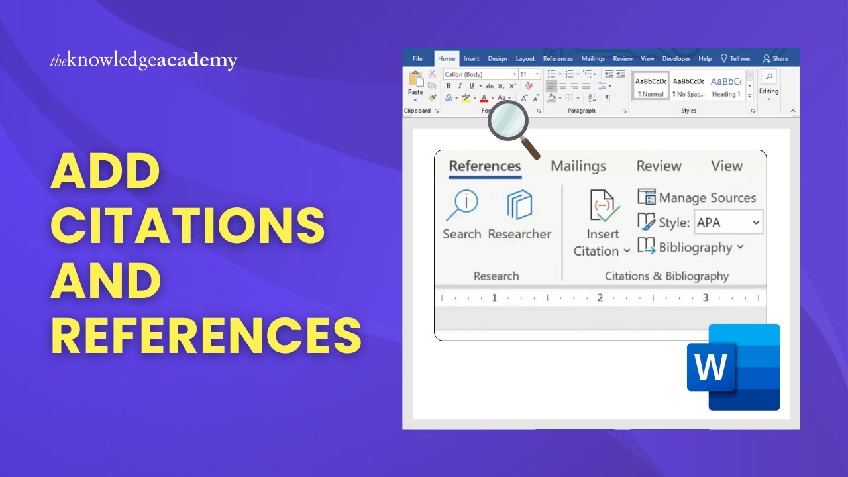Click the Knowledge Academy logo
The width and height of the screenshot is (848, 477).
143,61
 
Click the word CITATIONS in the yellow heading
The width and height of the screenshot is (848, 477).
187,225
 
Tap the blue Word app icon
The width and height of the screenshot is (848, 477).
733,367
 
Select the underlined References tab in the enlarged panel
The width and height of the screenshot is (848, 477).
485,166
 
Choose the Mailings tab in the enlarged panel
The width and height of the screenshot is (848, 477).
578,166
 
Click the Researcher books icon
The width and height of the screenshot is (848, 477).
519,205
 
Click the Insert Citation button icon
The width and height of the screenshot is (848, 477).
604,206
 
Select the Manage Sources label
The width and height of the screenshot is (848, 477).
707,198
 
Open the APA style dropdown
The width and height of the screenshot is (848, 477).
728,223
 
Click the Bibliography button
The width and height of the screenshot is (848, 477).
695,248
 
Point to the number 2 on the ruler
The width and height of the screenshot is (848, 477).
600,298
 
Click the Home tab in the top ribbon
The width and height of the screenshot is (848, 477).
447,58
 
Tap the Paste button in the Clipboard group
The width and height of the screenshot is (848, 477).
415,85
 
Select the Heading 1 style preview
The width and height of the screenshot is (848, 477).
725,86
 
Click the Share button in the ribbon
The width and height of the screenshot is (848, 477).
776,58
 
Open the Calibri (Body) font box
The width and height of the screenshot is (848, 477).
480,74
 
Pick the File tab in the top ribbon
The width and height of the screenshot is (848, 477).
417,58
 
